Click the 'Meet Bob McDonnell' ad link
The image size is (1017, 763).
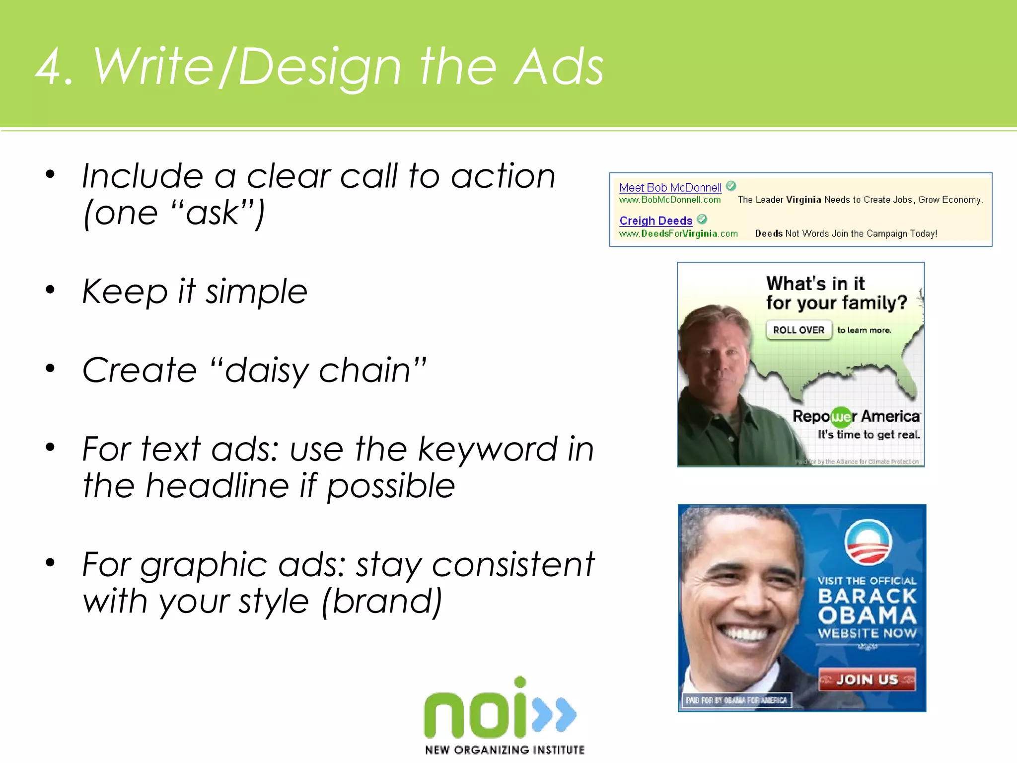point(670,188)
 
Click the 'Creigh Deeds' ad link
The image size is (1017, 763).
point(655,221)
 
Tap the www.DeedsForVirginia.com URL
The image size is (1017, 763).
point(678,233)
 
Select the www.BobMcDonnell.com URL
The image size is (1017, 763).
point(669,200)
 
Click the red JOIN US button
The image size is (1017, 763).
point(867,679)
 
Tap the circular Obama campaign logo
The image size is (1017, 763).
point(868,543)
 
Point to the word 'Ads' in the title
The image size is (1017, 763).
point(559,67)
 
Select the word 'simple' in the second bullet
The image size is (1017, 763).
point(256,292)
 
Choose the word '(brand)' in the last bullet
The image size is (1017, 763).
point(381,602)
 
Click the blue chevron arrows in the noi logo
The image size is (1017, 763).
point(555,714)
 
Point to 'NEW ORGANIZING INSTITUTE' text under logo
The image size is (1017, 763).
point(505,750)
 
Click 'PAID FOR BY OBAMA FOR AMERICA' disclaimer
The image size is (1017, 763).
point(736,700)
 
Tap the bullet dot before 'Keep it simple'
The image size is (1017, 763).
point(50,290)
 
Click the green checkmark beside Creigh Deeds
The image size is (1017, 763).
point(702,219)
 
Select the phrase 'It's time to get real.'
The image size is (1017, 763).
point(869,435)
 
